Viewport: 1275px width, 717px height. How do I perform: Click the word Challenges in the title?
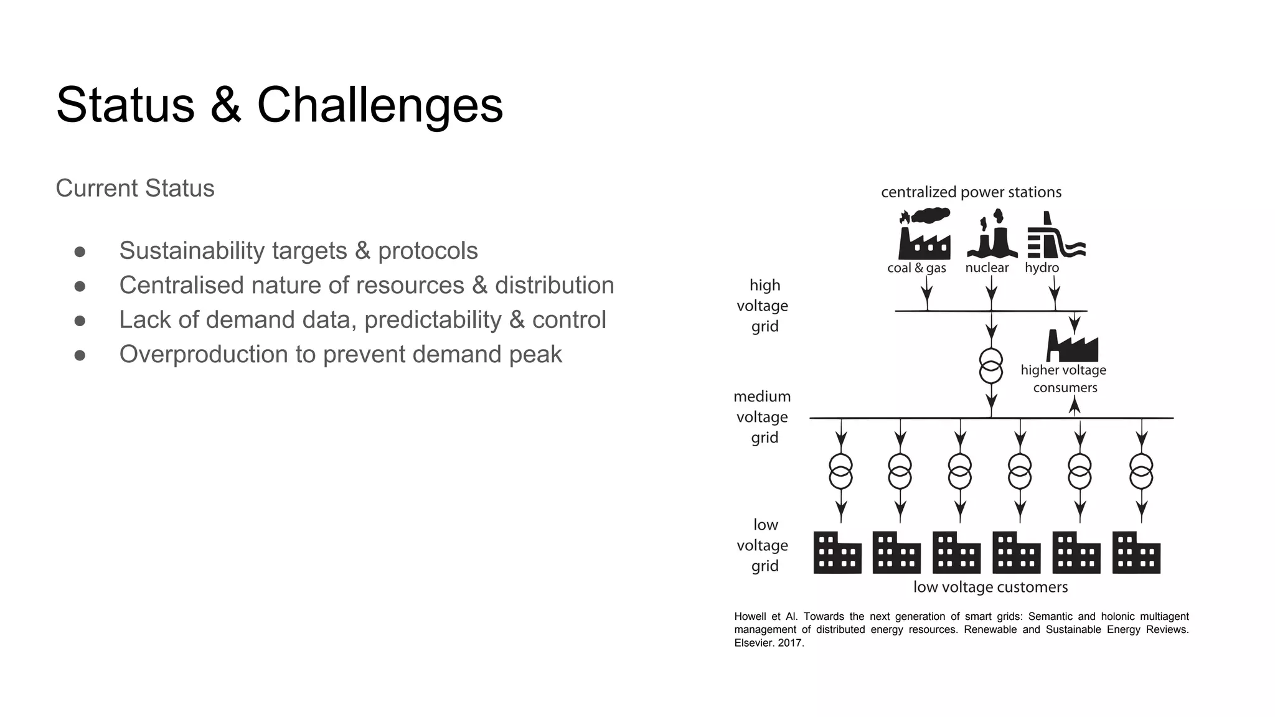[380, 105]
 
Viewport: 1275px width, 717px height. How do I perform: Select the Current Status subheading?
[134, 188]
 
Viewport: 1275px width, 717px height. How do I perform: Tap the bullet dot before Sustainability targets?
[80, 251]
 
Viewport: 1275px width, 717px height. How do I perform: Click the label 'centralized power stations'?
[971, 192]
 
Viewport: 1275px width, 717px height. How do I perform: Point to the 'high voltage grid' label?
[763, 306]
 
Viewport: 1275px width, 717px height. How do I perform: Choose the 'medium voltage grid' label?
[763, 417]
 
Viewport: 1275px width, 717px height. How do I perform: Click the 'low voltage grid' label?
[763, 545]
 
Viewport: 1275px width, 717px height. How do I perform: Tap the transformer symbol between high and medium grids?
[990, 366]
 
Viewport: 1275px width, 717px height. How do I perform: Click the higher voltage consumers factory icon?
[1072, 346]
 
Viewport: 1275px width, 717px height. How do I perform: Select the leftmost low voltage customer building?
[837, 553]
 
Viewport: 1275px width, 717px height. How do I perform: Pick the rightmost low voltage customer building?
[1136, 553]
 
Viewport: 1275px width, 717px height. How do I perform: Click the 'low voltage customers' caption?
[990, 587]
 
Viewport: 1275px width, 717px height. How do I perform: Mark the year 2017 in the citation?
[791, 643]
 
